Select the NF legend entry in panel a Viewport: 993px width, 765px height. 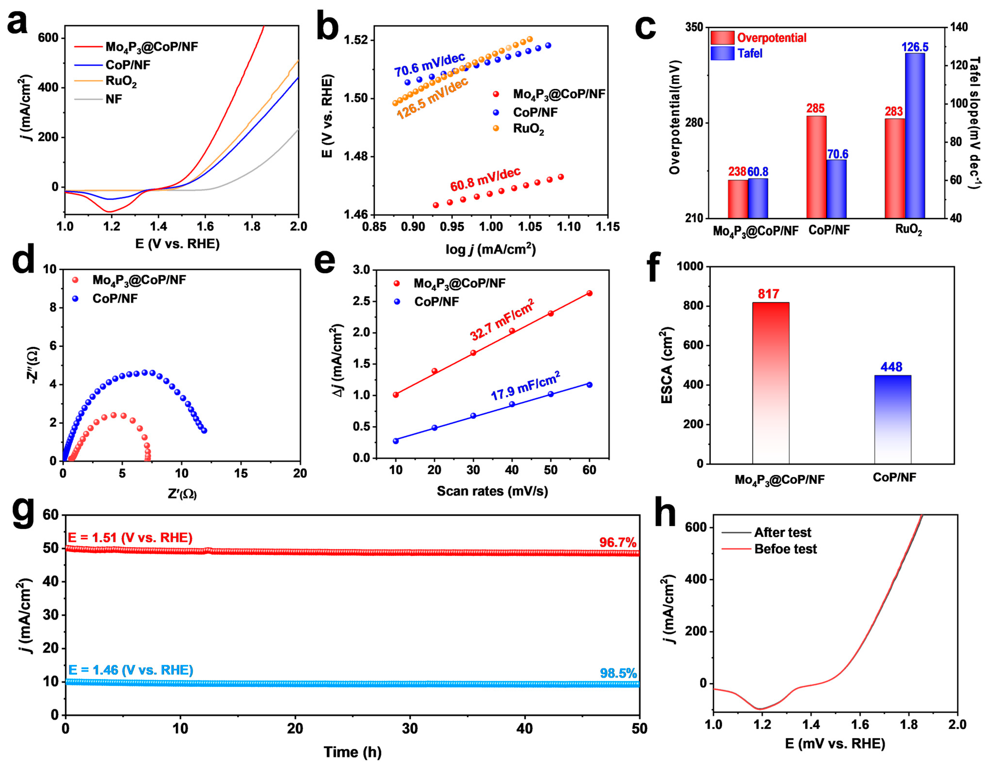coord(114,99)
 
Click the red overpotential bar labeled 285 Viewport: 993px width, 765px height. coord(816,167)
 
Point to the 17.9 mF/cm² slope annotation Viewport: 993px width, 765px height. coord(525,386)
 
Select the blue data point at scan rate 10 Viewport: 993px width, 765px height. coord(395,441)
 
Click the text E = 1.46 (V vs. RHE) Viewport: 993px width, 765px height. coord(130,670)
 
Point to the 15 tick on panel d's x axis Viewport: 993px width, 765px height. coord(241,474)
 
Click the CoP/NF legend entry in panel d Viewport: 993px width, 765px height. coord(115,298)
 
